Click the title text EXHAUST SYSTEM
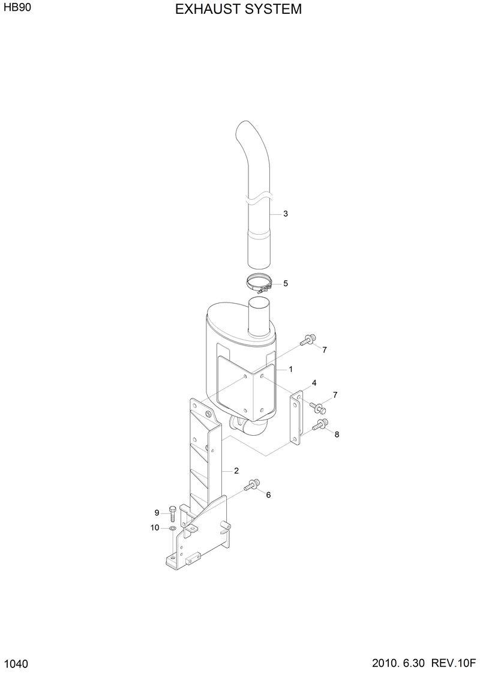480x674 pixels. coord(239,10)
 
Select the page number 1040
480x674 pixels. coord(16,664)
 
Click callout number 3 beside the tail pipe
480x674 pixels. coord(286,214)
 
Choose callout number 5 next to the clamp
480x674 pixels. coord(286,283)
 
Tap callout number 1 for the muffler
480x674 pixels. coord(290,369)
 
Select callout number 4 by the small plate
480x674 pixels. coord(314,382)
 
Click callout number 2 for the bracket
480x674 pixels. coord(236,471)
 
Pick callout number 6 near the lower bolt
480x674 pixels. coord(268,495)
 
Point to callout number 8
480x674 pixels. coord(337,435)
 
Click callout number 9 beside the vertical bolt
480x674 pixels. coord(157,513)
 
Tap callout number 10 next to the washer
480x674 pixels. coord(155,528)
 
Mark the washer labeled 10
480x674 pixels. coord(172,528)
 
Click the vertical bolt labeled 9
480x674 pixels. coord(172,511)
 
